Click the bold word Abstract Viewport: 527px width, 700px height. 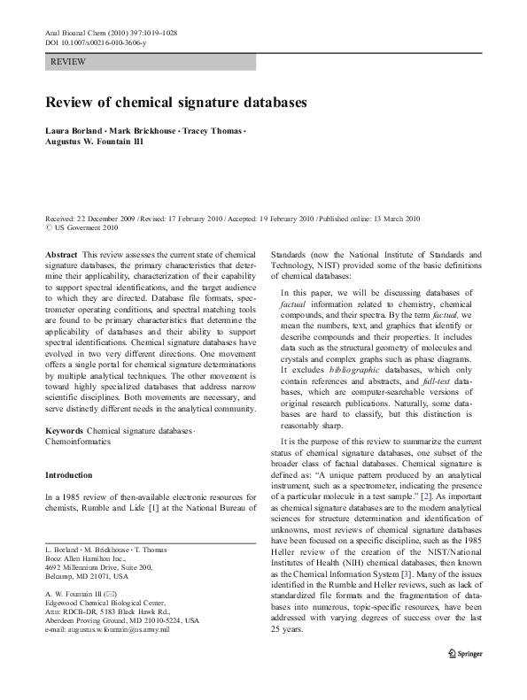coord(60,254)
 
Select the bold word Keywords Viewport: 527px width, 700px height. coord(64,430)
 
